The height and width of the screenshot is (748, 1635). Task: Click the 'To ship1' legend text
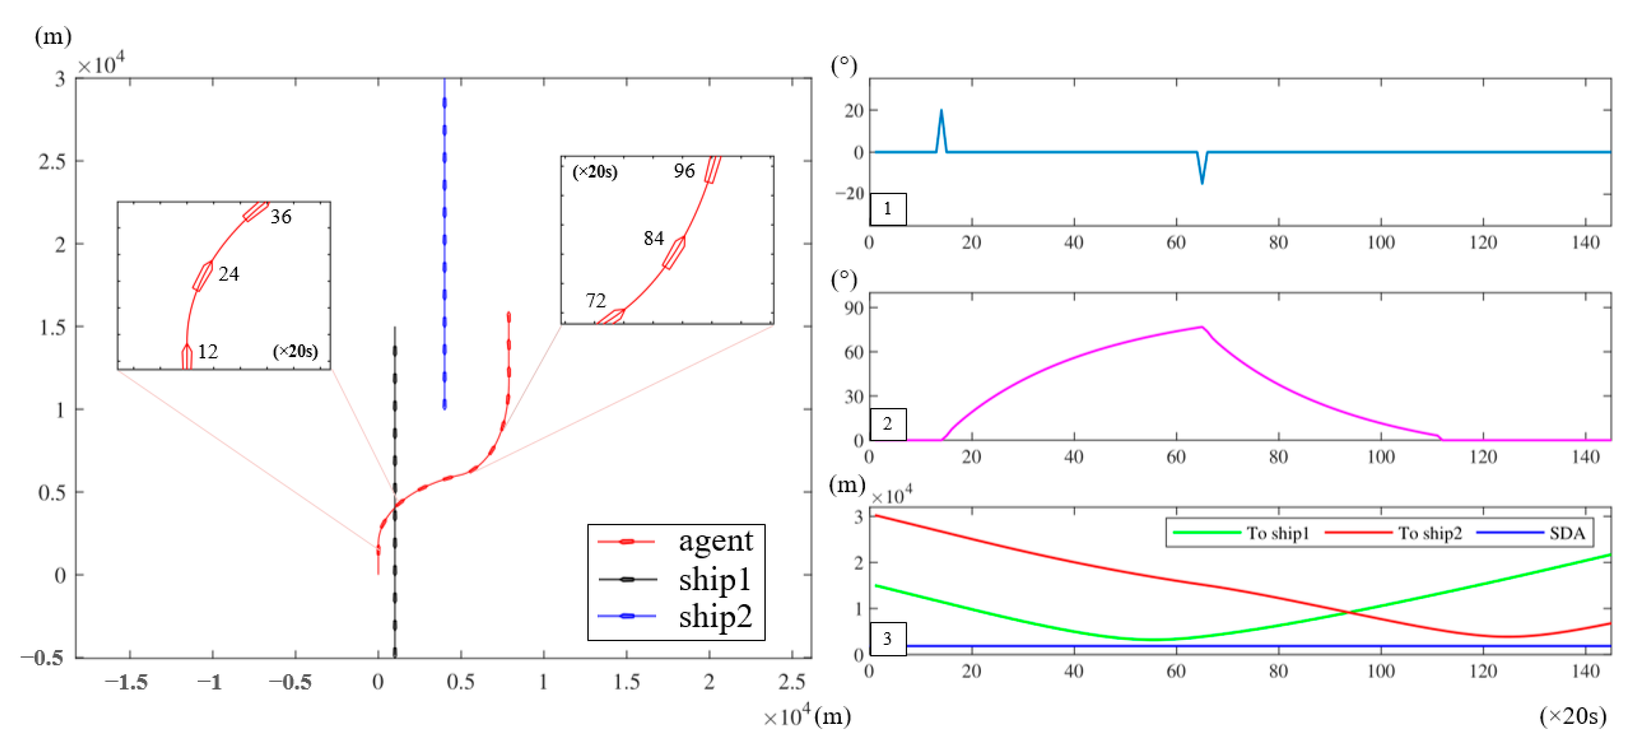[x=1278, y=533]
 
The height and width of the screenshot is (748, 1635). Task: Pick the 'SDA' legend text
[x=1567, y=533]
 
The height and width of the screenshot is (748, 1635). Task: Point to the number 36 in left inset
[x=281, y=217]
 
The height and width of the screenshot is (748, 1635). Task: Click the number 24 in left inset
[x=228, y=274]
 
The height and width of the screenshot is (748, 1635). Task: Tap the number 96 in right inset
[x=684, y=171]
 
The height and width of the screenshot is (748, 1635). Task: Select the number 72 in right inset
[x=595, y=300]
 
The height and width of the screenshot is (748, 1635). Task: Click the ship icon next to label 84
[x=674, y=253]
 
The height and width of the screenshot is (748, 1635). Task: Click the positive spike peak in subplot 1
[x=941, y=111]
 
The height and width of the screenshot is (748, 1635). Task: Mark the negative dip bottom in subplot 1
[x=1202, y=184]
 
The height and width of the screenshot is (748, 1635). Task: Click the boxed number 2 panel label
[x=887, y=424]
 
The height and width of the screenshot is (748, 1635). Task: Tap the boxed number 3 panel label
[x=887, y=638]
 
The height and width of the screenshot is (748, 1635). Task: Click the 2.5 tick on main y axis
[x=52, y=162]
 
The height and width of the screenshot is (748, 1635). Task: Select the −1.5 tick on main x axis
[x=126, y=683]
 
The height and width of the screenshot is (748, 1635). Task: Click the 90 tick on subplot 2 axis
[x=854, y=308]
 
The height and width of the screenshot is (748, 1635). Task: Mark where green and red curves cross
[x=1348, y=612]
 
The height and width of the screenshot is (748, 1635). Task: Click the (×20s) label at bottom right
[x=1572, y=716]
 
